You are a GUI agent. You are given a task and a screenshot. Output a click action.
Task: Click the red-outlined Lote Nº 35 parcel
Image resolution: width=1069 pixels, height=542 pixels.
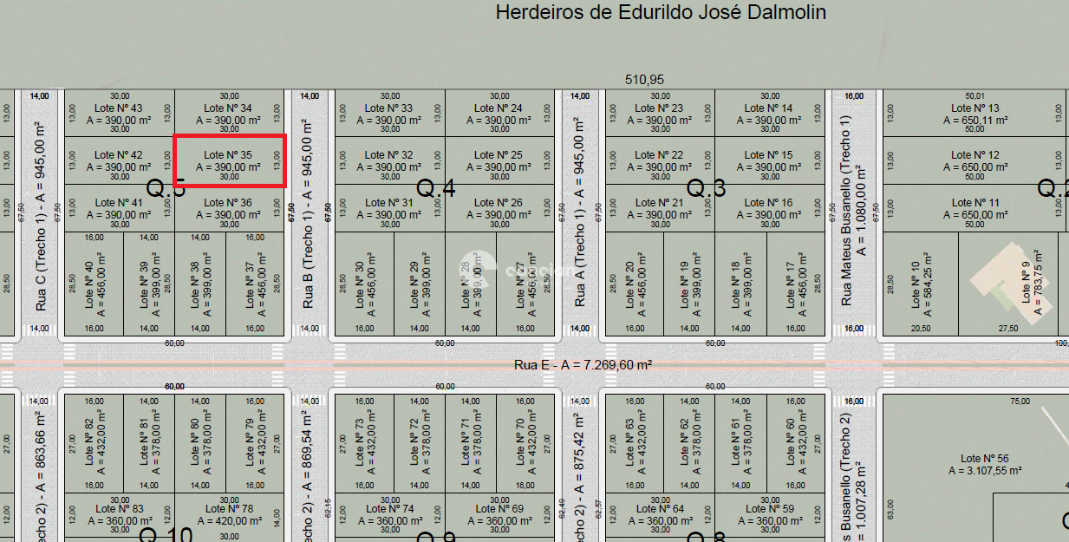tap(229, 161)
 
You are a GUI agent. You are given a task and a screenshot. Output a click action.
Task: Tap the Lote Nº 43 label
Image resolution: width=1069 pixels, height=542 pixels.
tap(118, 108)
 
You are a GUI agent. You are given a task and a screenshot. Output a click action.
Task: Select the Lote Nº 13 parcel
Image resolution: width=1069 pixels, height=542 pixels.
tap(974, 114)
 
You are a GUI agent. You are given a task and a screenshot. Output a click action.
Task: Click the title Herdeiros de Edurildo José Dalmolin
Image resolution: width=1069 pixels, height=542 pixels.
tap(660, 13)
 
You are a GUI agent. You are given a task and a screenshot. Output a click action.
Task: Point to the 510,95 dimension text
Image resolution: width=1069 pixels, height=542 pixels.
tap(644, 80)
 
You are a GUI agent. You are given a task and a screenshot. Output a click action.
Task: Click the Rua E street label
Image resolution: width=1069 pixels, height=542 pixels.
tap(583, 365)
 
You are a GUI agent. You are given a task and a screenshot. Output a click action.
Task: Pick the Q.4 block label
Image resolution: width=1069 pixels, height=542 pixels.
tap(436, 188)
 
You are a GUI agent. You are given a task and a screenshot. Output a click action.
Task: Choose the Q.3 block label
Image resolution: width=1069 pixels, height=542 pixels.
tap(706, 188)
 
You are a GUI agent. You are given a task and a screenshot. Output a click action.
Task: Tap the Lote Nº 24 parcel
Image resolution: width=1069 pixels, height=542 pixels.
tap(499, 114)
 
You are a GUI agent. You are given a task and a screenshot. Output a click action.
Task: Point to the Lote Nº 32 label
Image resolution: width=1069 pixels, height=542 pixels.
tap(388, 155)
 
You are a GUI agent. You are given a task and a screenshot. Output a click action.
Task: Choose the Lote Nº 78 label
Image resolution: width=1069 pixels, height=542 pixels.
tap(229, 509)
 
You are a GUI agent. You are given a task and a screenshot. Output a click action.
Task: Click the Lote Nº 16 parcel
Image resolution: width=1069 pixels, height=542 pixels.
tap(768, 208)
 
